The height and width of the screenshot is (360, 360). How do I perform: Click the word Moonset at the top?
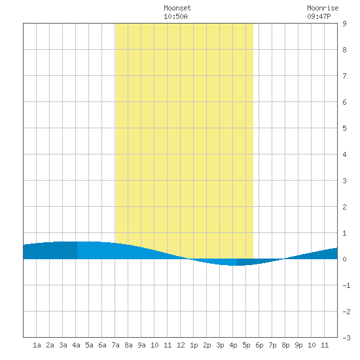click(177, 8)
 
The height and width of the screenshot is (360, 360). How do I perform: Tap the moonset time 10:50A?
click(175, 16)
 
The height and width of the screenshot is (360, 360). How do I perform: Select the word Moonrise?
click(323, 8)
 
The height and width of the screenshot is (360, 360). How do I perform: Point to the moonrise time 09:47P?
click(319, 16)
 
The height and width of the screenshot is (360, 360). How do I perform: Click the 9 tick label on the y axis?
click(344, 24)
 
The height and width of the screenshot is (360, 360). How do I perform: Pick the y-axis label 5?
click(344, 128)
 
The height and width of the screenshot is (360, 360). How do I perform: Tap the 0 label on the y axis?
click(344, 259)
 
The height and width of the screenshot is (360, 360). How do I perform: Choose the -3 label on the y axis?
click(346, 338)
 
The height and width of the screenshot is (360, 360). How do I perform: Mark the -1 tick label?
click(346, 285)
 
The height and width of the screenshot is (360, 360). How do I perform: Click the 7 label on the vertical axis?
click(344, 76)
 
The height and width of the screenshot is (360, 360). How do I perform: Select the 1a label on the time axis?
click(37, 345)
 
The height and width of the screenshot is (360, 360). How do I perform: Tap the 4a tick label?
click(76, 345)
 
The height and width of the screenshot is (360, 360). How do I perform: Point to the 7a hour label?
click(115, 345)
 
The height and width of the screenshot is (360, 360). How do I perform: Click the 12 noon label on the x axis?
click(181, 345)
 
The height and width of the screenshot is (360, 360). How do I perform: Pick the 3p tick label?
click(220, 345)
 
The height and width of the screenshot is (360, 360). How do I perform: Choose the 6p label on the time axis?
click(259, 345)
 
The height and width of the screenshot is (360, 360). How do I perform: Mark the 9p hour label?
click(298, 345)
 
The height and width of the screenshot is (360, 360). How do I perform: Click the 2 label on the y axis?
click(344, 207)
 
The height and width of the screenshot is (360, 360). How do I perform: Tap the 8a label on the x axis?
click(128, 345)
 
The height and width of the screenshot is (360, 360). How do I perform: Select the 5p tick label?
click(246, 345)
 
